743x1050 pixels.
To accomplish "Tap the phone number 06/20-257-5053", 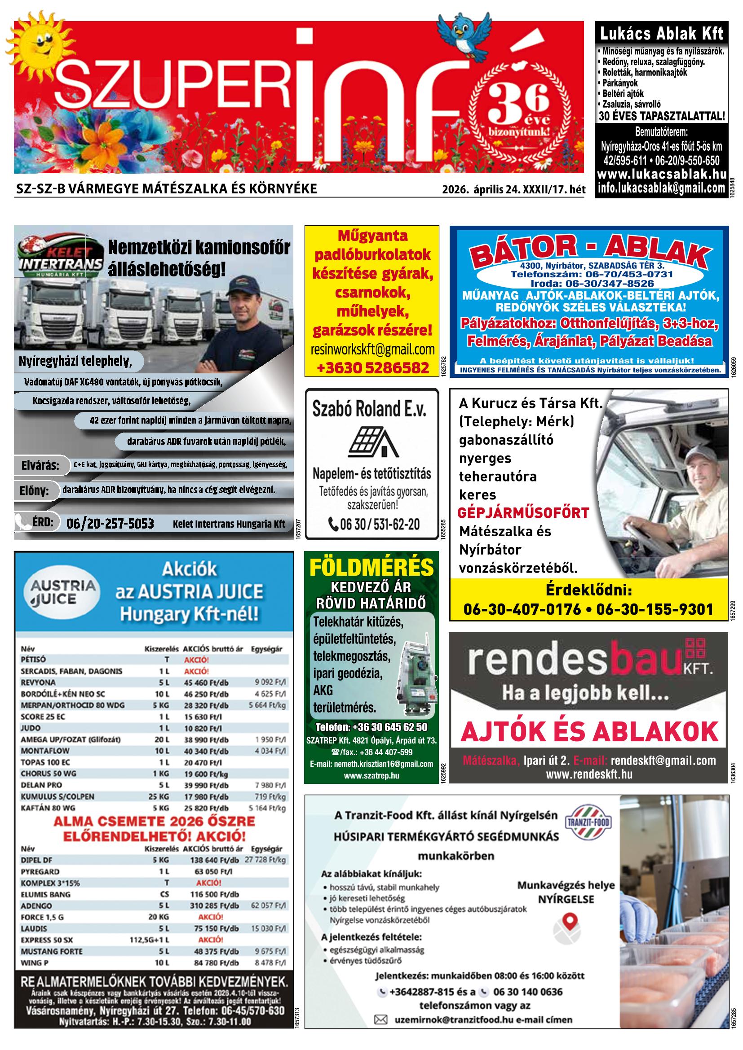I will [x=110, y=524].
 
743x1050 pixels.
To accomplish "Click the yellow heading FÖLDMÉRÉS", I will [x=371, y=568].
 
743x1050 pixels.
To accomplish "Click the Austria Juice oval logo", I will [x=63, y=592].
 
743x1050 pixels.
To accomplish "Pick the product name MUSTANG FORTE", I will [x=51, y=951].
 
